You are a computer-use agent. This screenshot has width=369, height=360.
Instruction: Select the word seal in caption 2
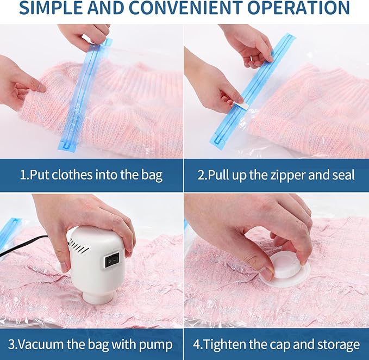coord(343,176)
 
